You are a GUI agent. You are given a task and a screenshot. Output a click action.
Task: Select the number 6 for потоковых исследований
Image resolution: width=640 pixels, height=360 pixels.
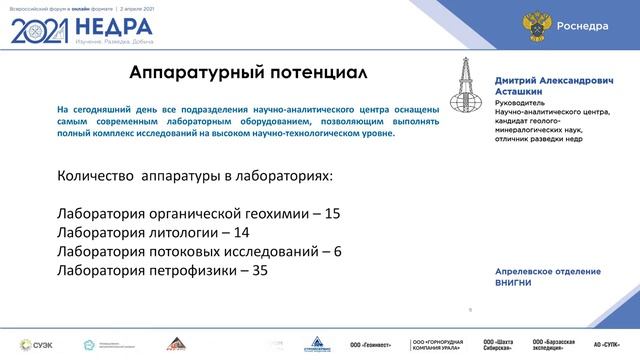tap(337, 251)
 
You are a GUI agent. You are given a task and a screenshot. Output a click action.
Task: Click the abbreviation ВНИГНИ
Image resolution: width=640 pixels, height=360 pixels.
tap(518, 283)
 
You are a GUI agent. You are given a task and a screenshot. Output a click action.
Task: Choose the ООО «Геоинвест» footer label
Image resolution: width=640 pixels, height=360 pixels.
tap(371, 343)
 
